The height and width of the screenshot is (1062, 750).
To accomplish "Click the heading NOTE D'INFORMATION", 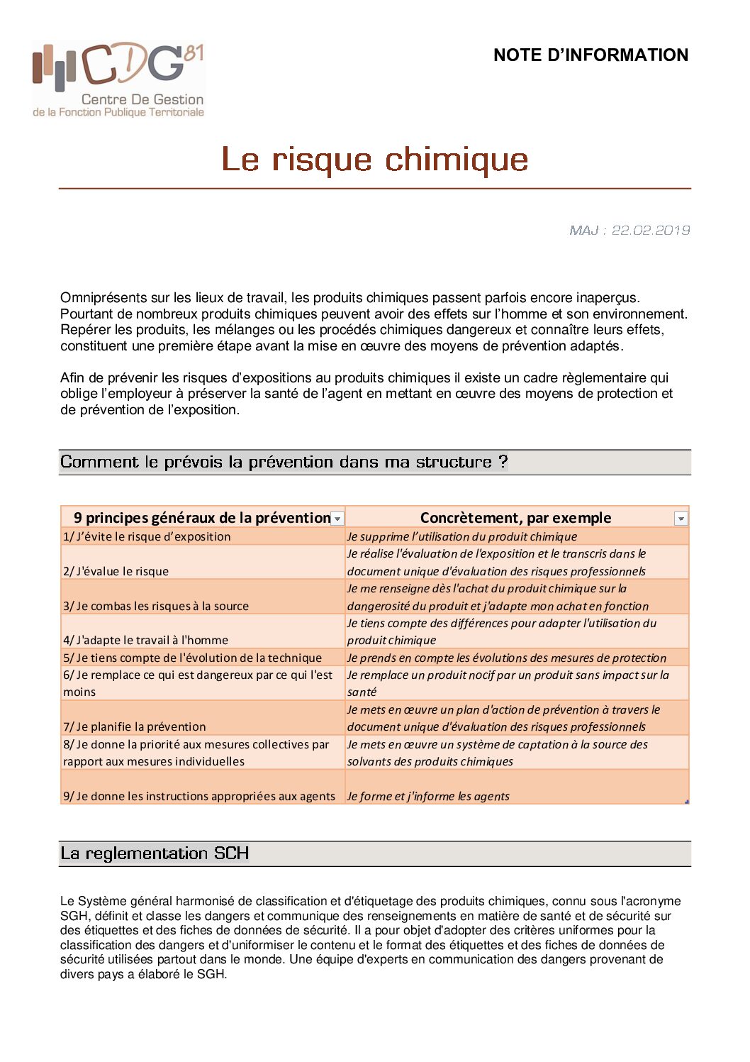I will (x=591, y=55).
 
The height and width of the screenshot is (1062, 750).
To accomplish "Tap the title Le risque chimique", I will (x=375, y=159).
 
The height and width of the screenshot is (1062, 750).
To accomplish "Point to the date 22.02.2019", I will (x=651, y=230).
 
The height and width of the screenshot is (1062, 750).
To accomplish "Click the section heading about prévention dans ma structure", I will (x=284, y=462).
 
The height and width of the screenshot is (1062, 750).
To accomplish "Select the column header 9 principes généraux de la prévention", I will (x=201, y=518).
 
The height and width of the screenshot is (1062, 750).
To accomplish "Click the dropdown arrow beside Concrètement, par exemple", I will (x=681, y=519).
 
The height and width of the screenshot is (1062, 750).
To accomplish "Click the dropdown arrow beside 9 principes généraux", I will (x=338, y=519).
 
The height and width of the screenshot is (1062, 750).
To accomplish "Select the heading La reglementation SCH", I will (x=155, y=853).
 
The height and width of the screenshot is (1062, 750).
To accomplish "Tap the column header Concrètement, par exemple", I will (x=515, y=518).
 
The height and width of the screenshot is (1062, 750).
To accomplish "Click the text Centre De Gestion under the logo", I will (x=142, y=99).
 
